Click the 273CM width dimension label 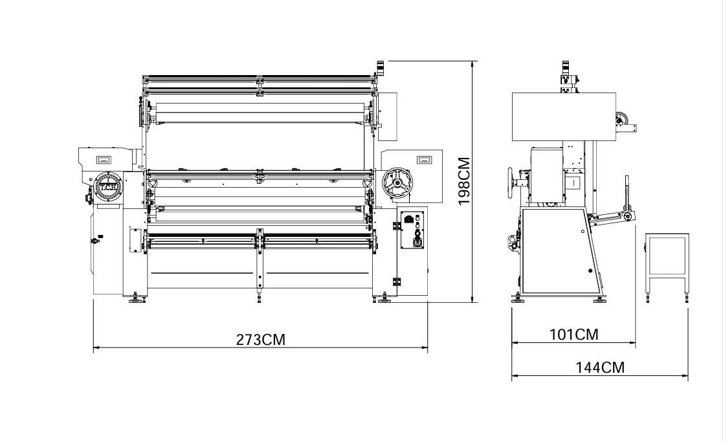click(260, 340)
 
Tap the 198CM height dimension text click(464, 181)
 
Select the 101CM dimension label click(573, 334)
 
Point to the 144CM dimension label click(600, 368)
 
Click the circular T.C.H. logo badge click(108, 186)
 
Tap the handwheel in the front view click(397, 184)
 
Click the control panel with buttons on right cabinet click(412, 230)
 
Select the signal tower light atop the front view click(381, 67)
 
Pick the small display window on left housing click(104, 160)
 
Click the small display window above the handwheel click(423, 159)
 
